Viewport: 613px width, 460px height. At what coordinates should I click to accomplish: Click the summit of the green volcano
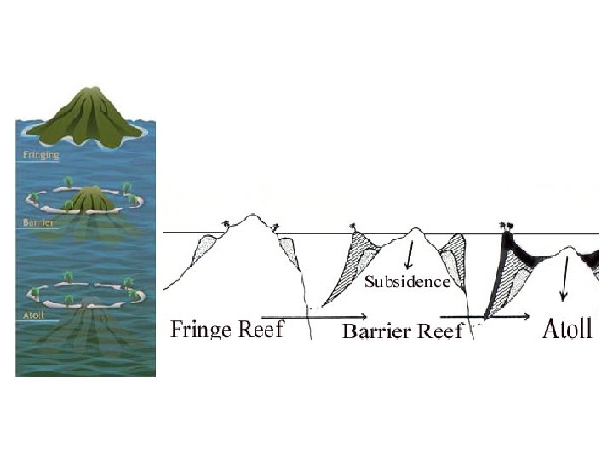(89, 90)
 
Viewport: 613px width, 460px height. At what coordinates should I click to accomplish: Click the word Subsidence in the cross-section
(407, 282)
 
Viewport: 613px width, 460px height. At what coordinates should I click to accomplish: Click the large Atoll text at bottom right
(566, 329)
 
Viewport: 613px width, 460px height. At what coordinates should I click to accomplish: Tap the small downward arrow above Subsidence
(410, 256)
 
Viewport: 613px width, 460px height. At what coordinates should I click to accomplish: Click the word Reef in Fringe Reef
(261, 329)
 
